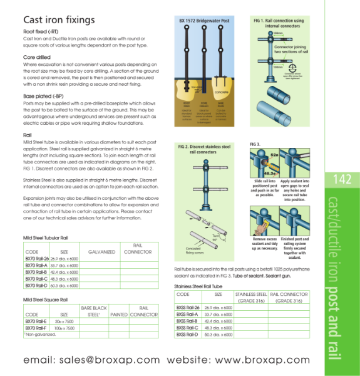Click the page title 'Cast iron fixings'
(59, 20)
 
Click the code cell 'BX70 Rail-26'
(36, 258)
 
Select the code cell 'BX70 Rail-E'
(36, 321)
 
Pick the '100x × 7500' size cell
(64, 328)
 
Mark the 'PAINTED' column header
(118, 315)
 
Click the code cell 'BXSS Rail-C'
(188, 328)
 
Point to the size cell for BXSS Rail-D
(218, 335)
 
